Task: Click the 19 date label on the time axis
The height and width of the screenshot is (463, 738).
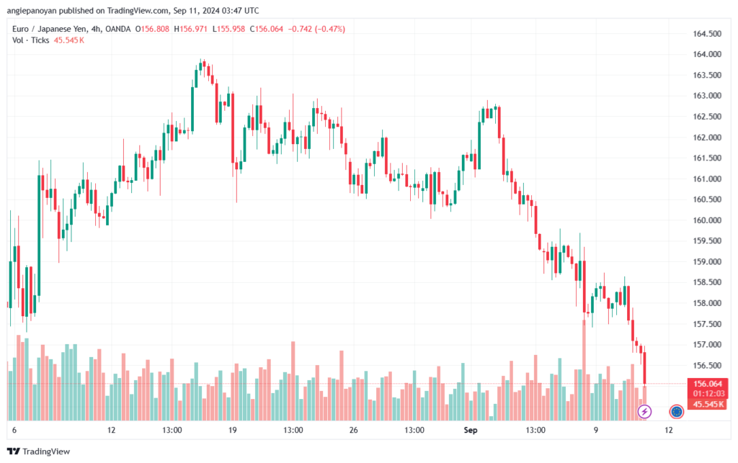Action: [233, 430]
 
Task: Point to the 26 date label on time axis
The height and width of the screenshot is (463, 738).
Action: [353, 430]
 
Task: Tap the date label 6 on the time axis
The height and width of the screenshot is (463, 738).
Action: [14, 430]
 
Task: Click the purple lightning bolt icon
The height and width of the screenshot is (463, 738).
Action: [645, 412]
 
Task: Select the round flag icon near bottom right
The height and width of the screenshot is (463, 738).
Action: [676, 412]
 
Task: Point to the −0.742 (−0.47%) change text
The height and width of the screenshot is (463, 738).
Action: [316, 29]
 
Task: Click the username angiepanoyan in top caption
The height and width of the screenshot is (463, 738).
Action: [34, 11]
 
